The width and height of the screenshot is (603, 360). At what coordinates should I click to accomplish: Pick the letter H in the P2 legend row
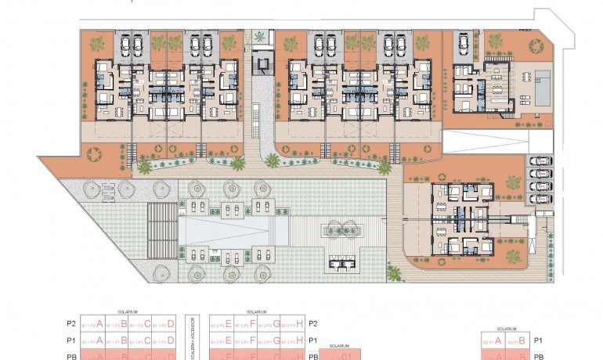(299, 323)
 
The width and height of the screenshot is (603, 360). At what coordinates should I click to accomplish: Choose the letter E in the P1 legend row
(229, 340)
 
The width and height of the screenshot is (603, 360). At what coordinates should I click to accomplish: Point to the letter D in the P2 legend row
(171, 323)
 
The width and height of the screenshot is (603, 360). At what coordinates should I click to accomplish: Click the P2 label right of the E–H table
(313, 323)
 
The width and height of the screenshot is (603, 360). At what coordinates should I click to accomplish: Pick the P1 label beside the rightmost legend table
(537, 340)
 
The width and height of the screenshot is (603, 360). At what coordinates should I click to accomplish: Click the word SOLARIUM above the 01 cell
(338, 345)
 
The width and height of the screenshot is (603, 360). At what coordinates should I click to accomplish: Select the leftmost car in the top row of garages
(125, 42)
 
